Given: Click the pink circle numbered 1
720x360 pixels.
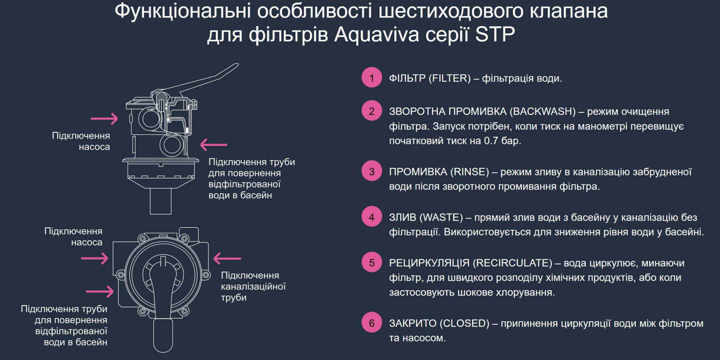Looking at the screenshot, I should click(x=372, y=78).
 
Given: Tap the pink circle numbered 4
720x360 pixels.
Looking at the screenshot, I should click(x=372, y=217).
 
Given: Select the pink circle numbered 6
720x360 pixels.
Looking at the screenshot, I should click(x=372, y=323).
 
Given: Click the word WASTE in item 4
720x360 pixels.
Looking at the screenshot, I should click(x=441, y=217).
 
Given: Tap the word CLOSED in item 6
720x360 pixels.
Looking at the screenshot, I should click(x=464, y=323).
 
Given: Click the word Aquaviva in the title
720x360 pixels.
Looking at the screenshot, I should click(x=377, y=34).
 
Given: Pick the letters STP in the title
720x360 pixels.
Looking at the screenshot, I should click(x=495, y=34).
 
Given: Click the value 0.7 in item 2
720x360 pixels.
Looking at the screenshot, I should click(x=491, y=141).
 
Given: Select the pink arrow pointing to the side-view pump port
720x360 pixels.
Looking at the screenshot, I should click(x=104, y=119).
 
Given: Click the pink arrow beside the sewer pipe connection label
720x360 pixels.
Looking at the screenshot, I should click(x=227, y=258).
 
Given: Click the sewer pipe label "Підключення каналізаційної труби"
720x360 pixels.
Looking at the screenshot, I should click(x=253, y=286).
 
